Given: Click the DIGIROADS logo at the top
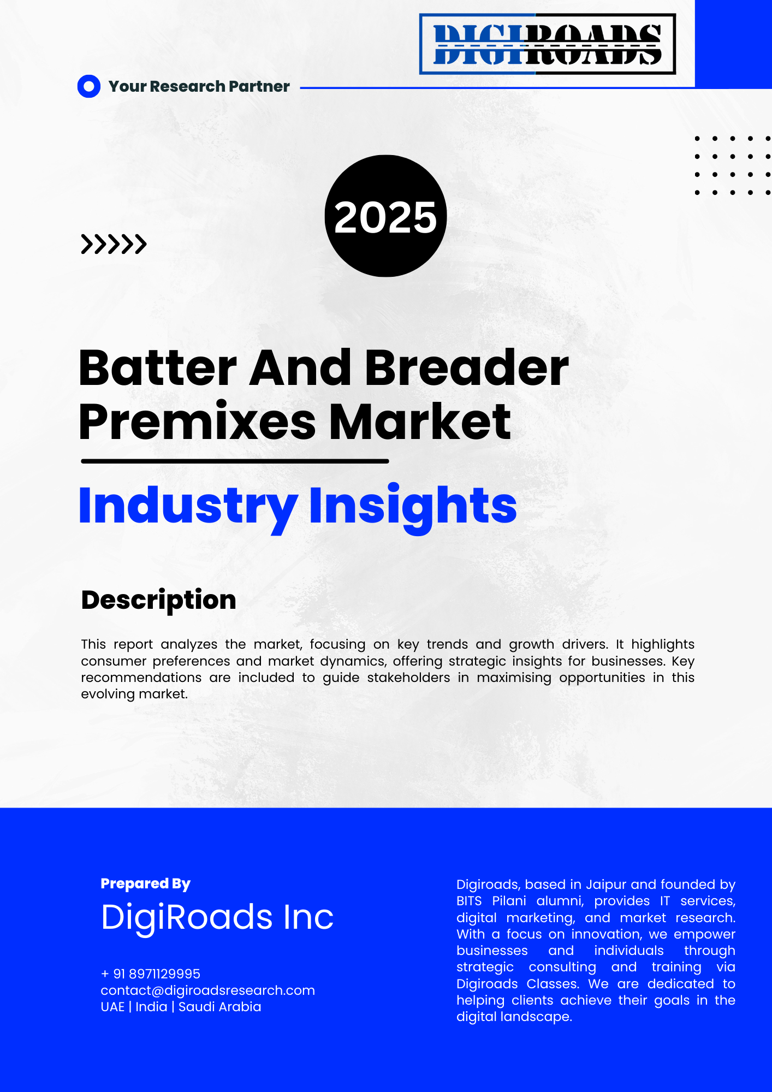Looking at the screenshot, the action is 548,44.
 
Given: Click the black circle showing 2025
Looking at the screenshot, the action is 385,216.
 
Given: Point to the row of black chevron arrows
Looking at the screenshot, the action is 114,244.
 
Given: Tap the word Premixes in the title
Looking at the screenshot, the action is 198,422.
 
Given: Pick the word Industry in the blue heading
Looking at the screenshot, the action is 188,507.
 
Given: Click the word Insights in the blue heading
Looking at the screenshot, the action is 413,507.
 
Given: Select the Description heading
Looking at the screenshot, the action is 159,601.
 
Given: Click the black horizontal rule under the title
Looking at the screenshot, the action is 235,461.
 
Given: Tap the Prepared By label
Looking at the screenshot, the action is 146,884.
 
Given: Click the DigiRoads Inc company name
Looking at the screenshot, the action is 217,918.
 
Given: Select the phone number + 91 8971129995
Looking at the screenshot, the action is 151,974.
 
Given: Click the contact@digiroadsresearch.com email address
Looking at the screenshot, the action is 208,990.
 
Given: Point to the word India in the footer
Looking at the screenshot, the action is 151,1007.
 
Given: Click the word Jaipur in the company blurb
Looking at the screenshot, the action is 606,885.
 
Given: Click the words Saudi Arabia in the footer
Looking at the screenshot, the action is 220,1007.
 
